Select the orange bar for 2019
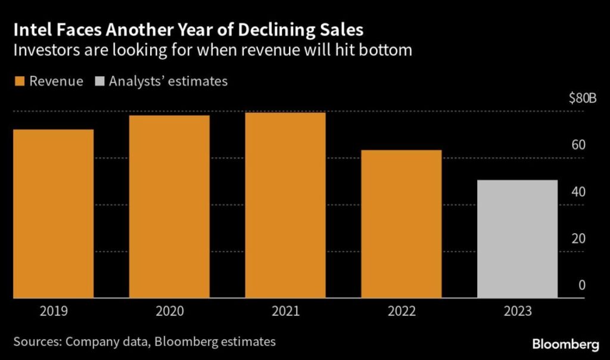click(53, 213)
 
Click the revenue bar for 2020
click(169, 206)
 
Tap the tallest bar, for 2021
click(285, 205)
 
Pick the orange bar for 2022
click(402, 224)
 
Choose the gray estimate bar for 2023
click(518, 238)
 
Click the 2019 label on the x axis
click(53, 311)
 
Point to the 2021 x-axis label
click(285, 311)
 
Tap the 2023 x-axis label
click(518, 311)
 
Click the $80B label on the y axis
click(583, 99)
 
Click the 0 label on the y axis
click(583, 285)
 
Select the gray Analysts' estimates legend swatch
click(99, 82)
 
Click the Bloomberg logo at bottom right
click(565, 345)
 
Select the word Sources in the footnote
click(35, 342)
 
